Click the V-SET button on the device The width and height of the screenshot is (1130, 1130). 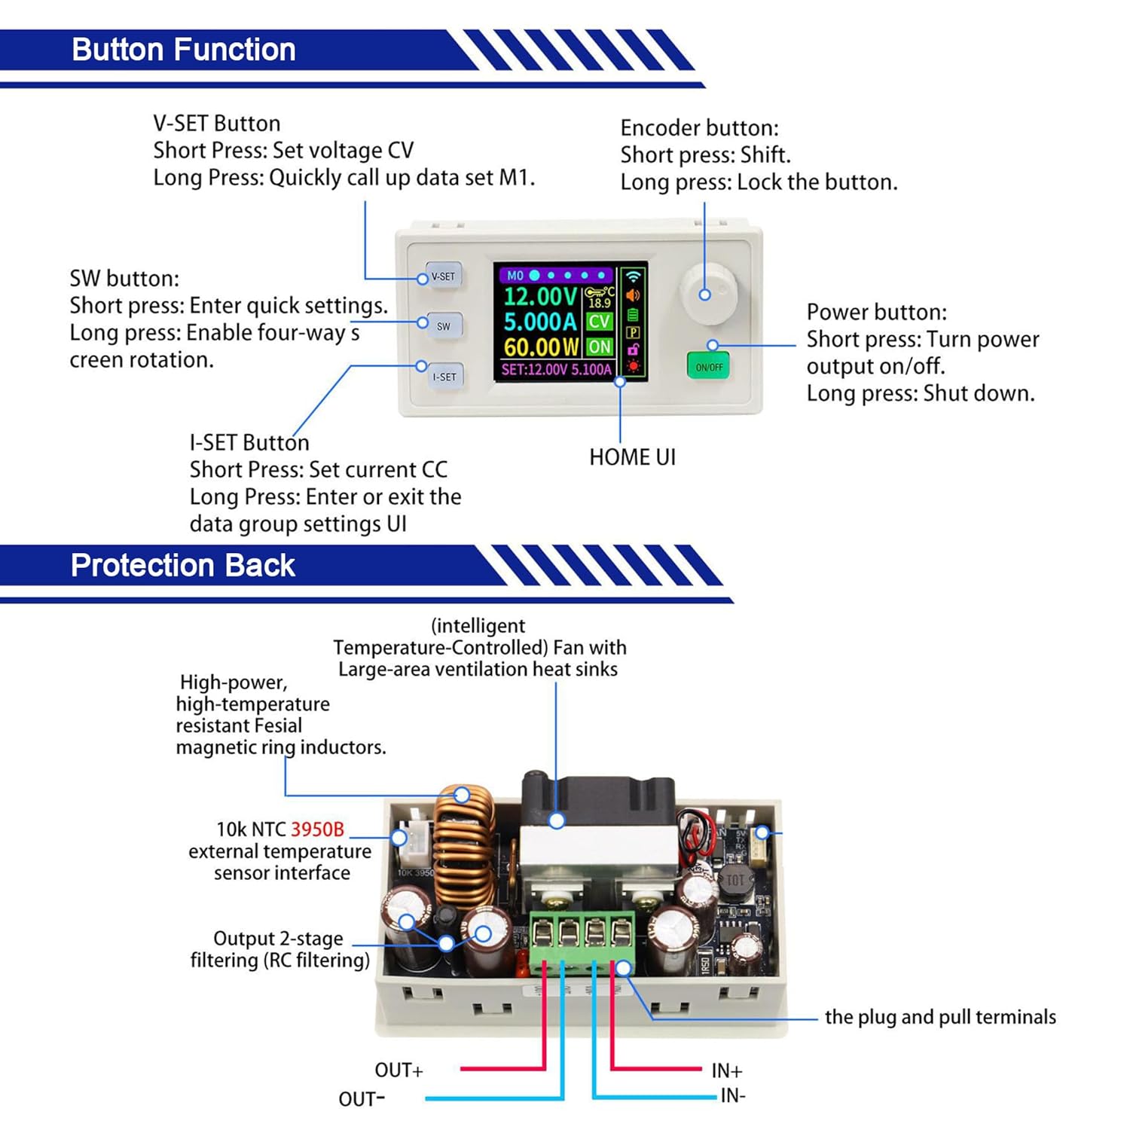point(444,276)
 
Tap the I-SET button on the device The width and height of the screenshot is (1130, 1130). point(444,377)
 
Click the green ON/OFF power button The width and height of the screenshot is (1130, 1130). point(709,367)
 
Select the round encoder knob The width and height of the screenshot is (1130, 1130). point(708,294)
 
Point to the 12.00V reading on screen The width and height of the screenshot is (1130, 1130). point(539,296)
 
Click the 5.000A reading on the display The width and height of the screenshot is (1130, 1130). point(539,322)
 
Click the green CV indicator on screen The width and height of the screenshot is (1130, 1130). point(600,322)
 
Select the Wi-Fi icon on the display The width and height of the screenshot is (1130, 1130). point(633,276)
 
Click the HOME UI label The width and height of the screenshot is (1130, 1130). point(632,457)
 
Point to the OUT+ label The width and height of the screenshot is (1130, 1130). point(399,1070)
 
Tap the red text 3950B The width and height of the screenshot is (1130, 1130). point(317,829)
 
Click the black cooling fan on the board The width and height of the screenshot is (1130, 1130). point(597,800)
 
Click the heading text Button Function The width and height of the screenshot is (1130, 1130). point(183,50)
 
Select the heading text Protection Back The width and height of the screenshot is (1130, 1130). point(182,566)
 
